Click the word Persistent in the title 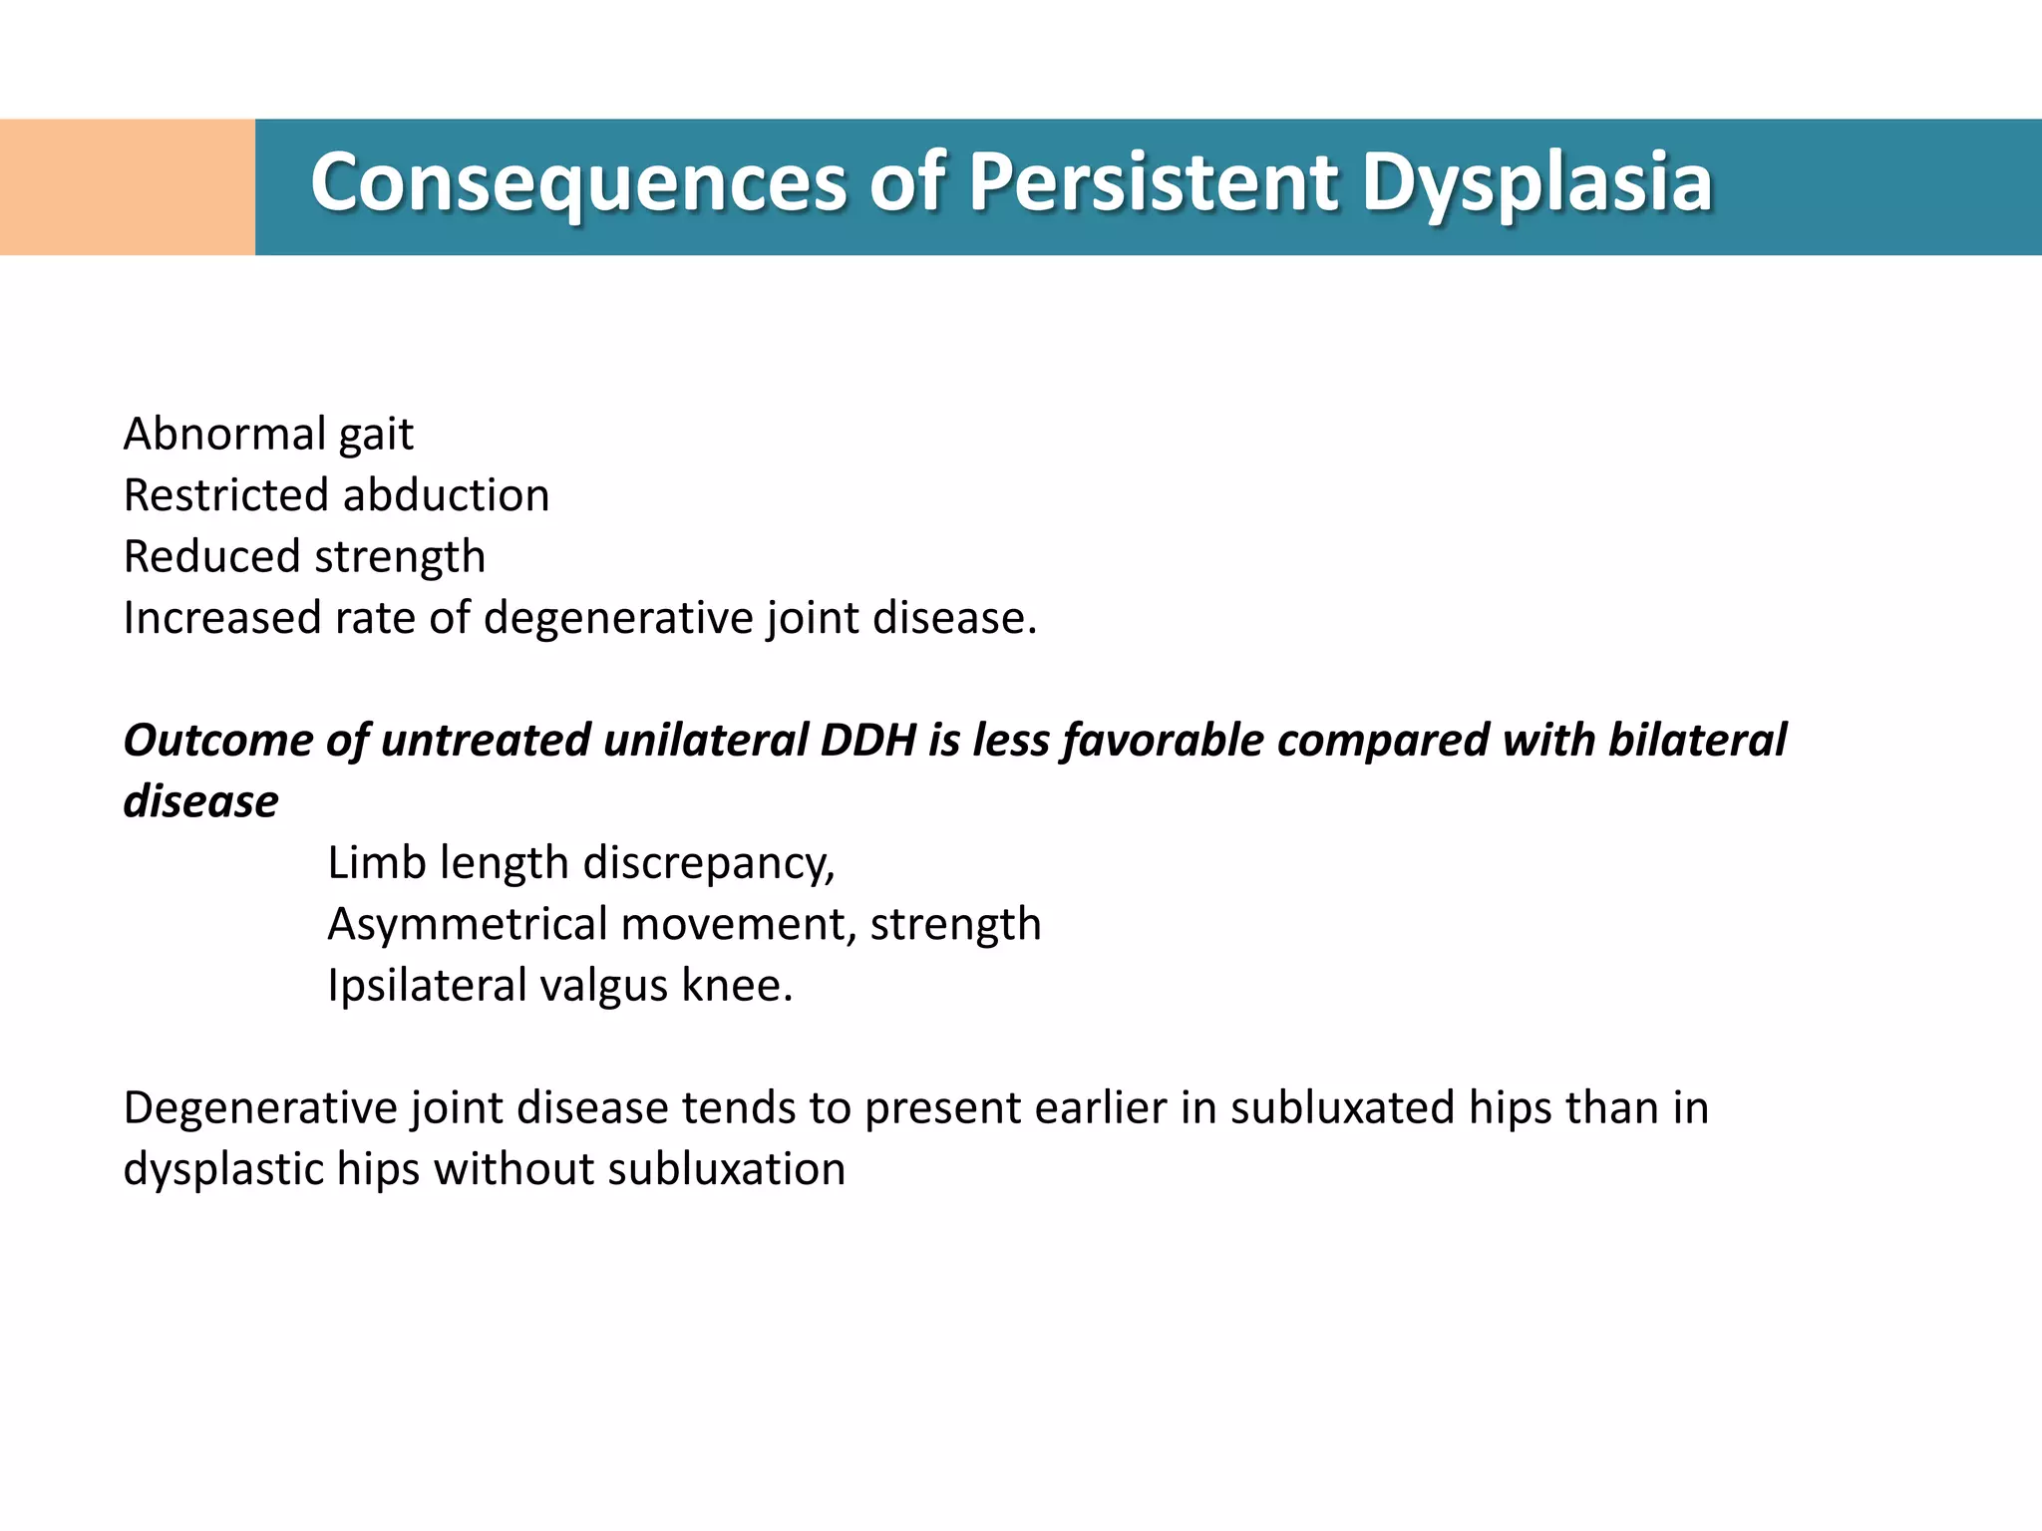pos(1153,184)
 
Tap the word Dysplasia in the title pos(1535,184)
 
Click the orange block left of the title pos(128,187)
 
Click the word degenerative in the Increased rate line pos(618,618)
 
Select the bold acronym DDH pos(867,741)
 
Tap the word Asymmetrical pos(467,925)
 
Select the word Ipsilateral pos(427,986)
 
